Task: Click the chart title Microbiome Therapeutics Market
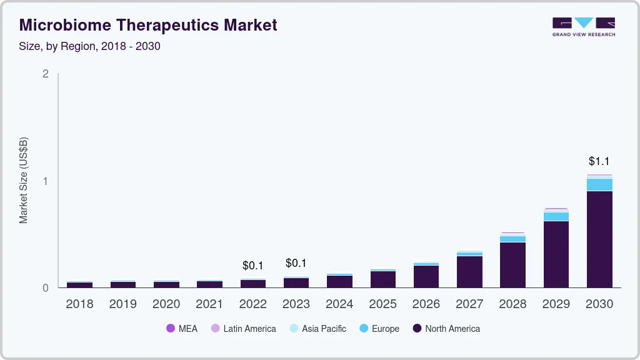[x=148, y=25]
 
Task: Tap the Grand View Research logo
[x=583, y=27]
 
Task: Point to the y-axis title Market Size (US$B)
[x=24, y=180]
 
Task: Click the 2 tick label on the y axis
[x=45, y=74]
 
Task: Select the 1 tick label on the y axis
[x=45, y=181]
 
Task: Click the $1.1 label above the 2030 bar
[x=599, y=161]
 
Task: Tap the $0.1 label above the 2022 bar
[x=253, y=266]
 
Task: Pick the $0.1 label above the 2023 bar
[x=296, y=263]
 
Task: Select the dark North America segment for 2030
[x=599, y=239]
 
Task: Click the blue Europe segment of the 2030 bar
[x=599, y=184]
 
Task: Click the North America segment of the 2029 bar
[x=556, y=254]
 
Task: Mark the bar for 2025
[x=383, y=279]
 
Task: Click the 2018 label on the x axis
[x=79, y=304]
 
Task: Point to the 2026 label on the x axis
[x=426, y=304]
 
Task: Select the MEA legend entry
[x=181, y=329]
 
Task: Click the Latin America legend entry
[x=243, y=329]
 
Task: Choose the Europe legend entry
[x=379, y=329]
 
